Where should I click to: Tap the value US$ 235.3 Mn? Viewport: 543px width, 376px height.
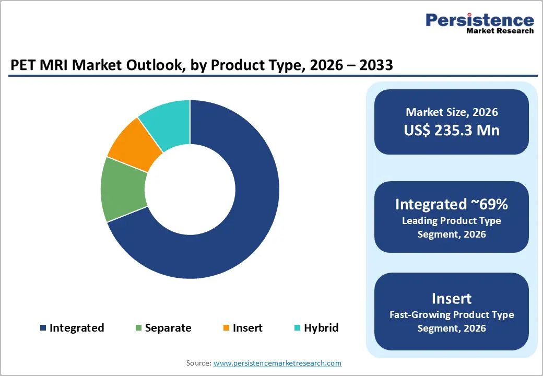point(452,130)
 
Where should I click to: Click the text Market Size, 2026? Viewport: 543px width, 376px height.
point(452,112)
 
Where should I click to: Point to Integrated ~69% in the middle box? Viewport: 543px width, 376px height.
point(452,204)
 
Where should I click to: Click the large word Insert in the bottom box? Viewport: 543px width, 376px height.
point(452,298)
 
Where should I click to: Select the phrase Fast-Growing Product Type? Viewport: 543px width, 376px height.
point(452,315)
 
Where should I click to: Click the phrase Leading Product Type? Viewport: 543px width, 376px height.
point(452,221)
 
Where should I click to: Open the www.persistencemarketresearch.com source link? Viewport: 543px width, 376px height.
point(277,363)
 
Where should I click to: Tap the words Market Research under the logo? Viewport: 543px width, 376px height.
point(500,31)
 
